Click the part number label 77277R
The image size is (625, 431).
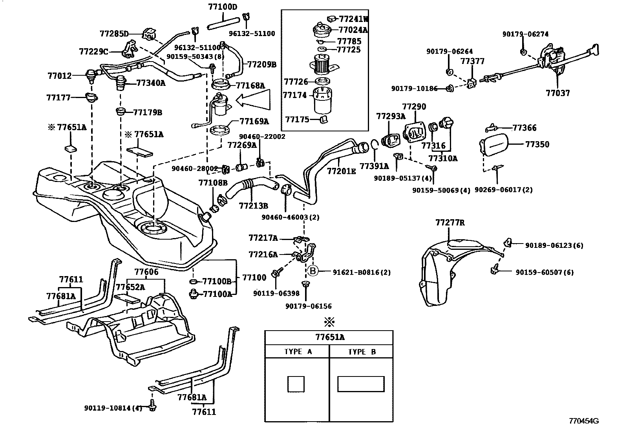click(450, 223)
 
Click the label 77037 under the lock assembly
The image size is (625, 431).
click(557, 93)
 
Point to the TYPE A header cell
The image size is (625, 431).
click(298, 352)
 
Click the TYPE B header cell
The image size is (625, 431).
click(362, 352)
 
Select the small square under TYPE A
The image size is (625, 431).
click(296, 384)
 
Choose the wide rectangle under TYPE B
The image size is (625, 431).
click(360, 384)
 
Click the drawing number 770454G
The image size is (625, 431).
click(584, 421)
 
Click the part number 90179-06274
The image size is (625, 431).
click(525, 34)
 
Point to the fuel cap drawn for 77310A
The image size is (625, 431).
click(447, 125)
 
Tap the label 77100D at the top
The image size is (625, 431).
click(223, 7)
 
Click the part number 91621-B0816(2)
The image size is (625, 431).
click(362, 272)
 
